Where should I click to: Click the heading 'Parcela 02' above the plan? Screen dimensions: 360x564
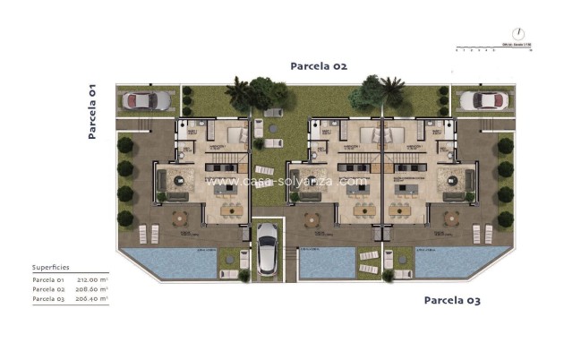point(318,66)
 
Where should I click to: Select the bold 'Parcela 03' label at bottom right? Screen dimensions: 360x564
point(452,300)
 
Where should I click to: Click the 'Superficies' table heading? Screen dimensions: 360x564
point(50,267)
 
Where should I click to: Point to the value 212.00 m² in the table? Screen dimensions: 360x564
point(91,279)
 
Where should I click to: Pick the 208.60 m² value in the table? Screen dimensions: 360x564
point(91,289)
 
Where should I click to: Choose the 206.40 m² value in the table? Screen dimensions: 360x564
point(91,299)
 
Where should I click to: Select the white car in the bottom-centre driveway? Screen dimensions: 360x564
point(267,249)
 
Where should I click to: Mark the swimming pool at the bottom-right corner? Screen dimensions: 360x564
point(453,261)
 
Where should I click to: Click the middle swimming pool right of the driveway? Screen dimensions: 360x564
point(326,262)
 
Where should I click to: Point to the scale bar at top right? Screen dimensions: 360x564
point(493,47)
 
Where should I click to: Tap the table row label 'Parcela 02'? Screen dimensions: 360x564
point(44,289)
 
